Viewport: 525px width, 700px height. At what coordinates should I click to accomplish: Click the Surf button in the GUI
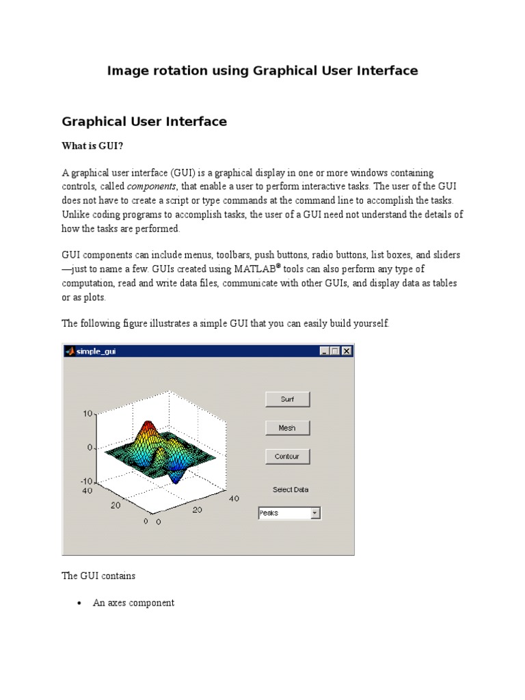pyautogui.click(x=287, y=399)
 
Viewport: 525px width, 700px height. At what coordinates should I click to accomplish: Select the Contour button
pyautogui.click(x=287, y=456)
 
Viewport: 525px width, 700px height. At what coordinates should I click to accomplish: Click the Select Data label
pyautogui.click(x=291, y=489)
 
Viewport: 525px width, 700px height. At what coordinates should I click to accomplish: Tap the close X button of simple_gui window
pyautogui.click(x=347, y=351)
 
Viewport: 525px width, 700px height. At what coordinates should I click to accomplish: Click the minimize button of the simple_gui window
pyautogui.click(x=325, y=351)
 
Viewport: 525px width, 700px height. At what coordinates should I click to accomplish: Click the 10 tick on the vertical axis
pyautogui.click(x=88, y=414)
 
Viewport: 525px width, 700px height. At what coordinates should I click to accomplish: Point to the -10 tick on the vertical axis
pyautogui.click(x=87, y=481)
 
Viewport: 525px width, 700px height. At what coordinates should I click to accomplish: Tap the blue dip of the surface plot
pyautogui.click(x=176, y=479)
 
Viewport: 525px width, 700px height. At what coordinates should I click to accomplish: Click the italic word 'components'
pyautogui.click(x=152, y=186)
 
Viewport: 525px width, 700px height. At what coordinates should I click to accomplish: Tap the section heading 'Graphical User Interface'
pyautogui.click(x=144, y=122)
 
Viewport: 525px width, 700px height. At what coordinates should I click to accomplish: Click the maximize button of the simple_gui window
pyautogui.click(x=336, y=351)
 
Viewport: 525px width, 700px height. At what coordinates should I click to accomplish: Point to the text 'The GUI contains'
pyautogui.click(x=98, y=576)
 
